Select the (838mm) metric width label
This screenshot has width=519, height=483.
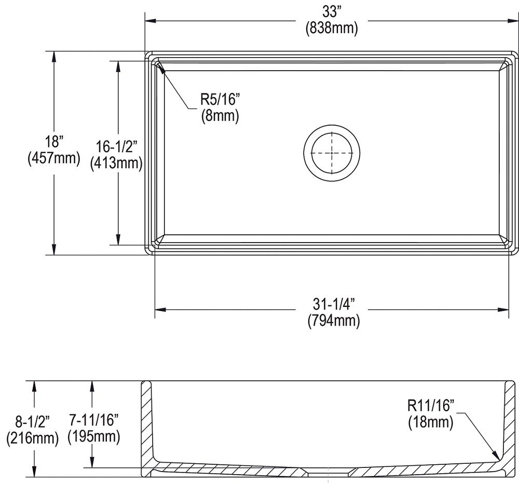click(332, 28)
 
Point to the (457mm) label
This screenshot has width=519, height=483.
click(53, 158)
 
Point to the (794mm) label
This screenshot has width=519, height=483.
click(333, 321)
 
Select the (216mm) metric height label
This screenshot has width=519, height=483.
click(32, 438)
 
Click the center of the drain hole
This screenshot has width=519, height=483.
click(332, 153)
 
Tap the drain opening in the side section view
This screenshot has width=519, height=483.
click(327, 474)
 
